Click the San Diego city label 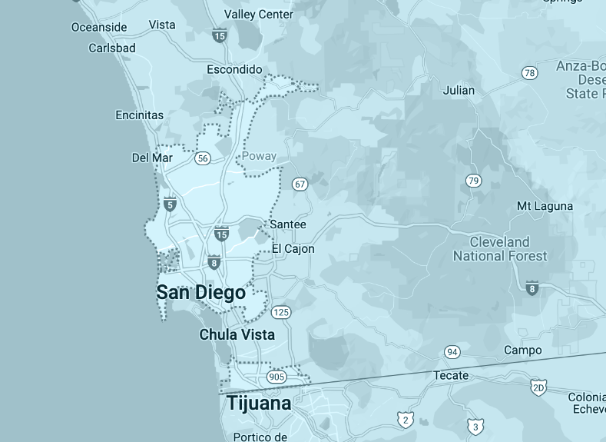click(x=200, y=293)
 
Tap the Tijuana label click(x=258, y=404)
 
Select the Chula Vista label click(x=237, y=335)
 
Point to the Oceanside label click(x=99, y=27)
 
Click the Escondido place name click(x=234, y=70)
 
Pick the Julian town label click(x=459, y=91)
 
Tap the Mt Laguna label click(x=545, y=206)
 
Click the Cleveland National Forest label click(x=500, y=249)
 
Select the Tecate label click(x=451, y=375)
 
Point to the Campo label click(x=522, y=351)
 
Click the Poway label click(x=259, y=156)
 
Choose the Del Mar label click(x=152, y=158)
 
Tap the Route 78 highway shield click(x=529, y=73)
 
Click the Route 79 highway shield click(x=474, y=181)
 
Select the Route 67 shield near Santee click(x=300, y=184)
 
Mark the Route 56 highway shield click(x=202, y=158)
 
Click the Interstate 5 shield click(x=170, y=204)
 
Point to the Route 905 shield click(x=277, y=377)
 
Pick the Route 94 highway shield click(x=452, y=352)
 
